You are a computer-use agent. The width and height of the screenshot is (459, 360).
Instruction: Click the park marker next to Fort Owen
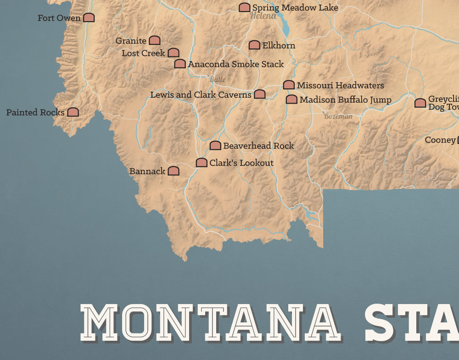pyautogui.click(x=89, y=18)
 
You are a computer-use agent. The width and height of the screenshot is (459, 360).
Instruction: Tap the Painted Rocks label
pyautogui.click(x=35, y=112)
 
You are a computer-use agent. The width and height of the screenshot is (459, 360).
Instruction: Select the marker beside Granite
pyautogui.click(x=155, y=41)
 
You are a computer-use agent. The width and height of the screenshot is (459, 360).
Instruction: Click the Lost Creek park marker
pyautogui.click(x=174, y=53)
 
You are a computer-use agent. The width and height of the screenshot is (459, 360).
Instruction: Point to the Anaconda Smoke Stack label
pyautogui.click(x=235, y=64)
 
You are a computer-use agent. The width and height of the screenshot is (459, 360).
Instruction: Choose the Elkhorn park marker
pyautogui.click(x=254, y=45)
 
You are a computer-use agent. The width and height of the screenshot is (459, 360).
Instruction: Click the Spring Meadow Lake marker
pyautogui.click(x=245, y=7)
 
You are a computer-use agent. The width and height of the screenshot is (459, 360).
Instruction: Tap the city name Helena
pyautogui.click(x=263, y=16)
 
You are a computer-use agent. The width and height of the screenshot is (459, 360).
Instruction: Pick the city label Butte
pyautogui.click(x=217, y=79)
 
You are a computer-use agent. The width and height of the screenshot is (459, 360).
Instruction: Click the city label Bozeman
pyautogui.click(x=338, y=116)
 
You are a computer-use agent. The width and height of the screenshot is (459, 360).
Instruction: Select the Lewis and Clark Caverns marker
pyautogui.click(x=260, y=94)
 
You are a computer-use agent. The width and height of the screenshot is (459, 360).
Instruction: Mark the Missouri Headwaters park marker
pyautogui.click(x=289, y=85)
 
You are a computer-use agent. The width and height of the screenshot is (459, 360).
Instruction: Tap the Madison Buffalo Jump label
pyautogui.click(x=345, y=100)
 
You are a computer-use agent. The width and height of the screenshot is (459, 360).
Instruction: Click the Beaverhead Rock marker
pyautogui.click(x=215, y=146)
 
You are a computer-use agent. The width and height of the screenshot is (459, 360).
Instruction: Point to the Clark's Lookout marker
pyautogui.click(x=202, y=163)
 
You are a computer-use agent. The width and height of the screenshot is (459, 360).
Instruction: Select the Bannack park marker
pyautogui.click(x=174, y=171)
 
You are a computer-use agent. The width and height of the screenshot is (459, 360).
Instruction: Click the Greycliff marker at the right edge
pyautogui.click(x=420, y=103)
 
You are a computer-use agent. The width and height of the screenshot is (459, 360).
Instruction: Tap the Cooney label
pyautogui.click(x=440, y=140)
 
